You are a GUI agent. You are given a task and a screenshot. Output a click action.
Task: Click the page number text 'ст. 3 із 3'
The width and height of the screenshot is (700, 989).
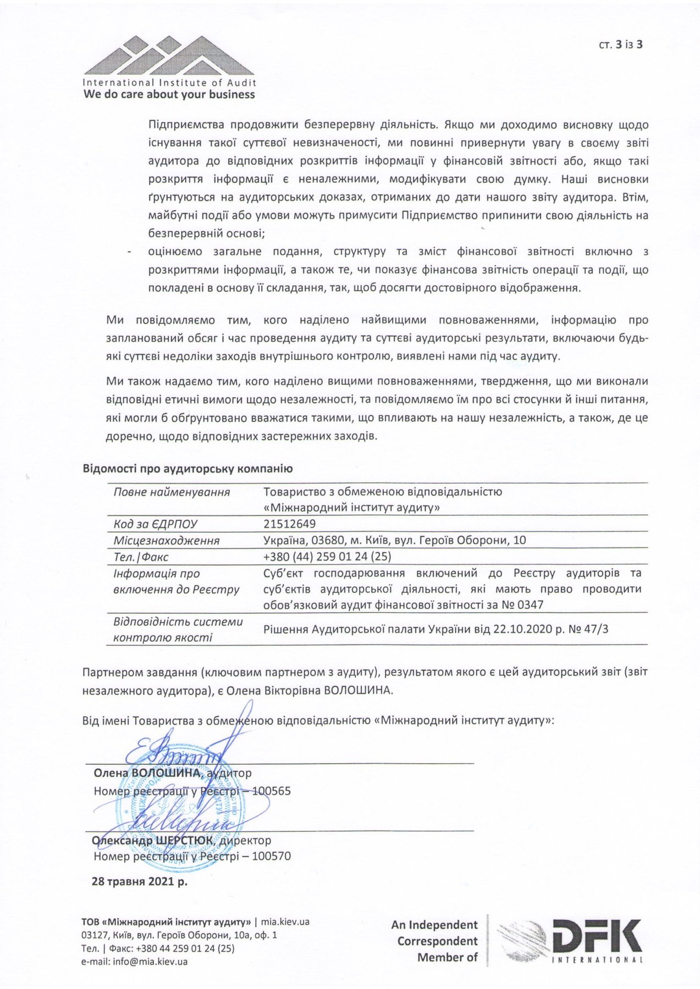tap(621, 45)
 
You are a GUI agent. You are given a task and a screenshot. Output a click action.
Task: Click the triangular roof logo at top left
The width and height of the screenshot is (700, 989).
tap(169, 56)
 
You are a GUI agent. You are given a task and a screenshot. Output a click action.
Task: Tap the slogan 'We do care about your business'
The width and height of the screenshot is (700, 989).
tap(169, 95)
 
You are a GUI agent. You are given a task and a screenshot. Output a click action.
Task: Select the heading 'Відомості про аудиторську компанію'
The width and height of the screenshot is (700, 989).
tap(188, 469)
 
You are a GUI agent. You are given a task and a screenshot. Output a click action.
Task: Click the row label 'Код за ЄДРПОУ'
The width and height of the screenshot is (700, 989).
tap(155, 524)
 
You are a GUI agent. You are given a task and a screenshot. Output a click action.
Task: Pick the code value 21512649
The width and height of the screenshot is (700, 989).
tap(290, 524)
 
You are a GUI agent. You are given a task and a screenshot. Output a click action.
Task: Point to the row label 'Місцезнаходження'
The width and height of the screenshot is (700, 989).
tap(166, 541)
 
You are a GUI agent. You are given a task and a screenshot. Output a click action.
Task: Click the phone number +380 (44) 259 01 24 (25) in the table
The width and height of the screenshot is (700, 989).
tap(327, 556)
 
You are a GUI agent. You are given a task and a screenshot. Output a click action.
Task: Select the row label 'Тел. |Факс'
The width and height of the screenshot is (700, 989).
tap(141, 557)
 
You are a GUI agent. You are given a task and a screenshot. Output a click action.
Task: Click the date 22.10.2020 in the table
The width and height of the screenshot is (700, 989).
tap(522, 629)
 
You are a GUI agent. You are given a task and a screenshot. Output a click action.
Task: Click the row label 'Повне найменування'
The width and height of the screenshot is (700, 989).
tap(172, 492)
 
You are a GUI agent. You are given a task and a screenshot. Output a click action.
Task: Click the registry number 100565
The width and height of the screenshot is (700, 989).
tap(271, 791)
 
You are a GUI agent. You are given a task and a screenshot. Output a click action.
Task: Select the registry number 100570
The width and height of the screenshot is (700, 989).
tap(271, 856)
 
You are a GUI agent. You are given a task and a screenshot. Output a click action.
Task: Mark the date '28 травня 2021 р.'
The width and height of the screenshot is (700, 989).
tap(139, 881)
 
